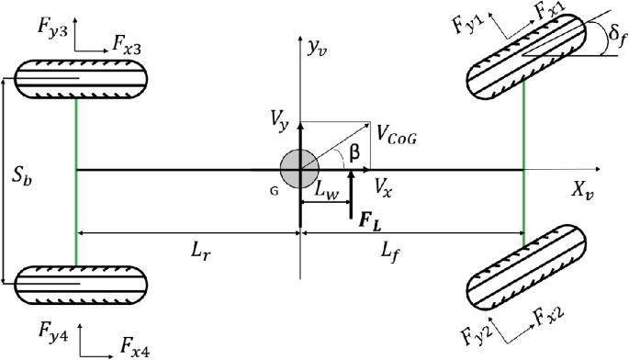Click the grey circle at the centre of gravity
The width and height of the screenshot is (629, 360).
tap(299, 170)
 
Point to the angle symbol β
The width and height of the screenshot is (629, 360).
tap(352, 152)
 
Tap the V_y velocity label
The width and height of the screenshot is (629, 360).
tap(280, 118)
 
